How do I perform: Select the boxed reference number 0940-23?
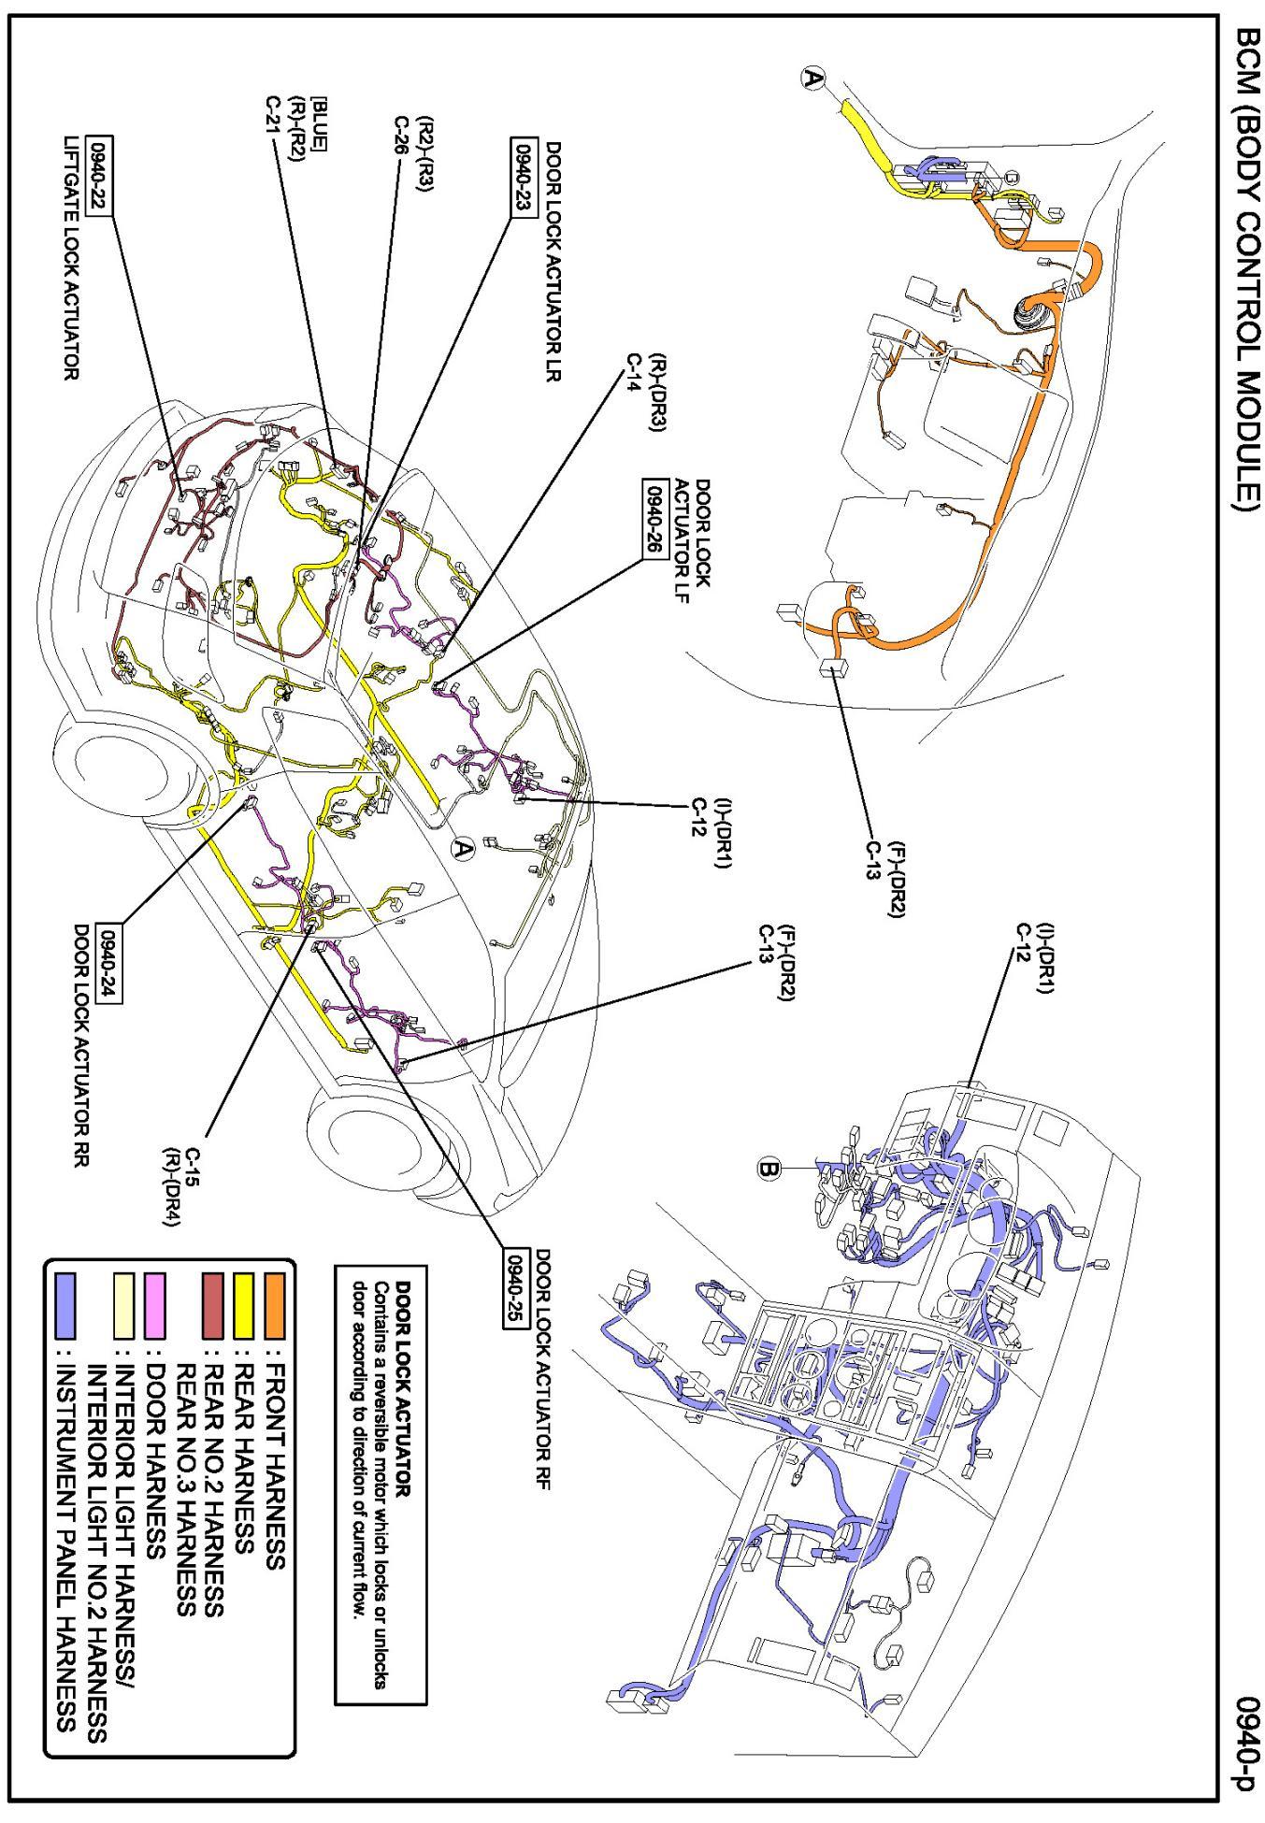coord(522,178)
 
